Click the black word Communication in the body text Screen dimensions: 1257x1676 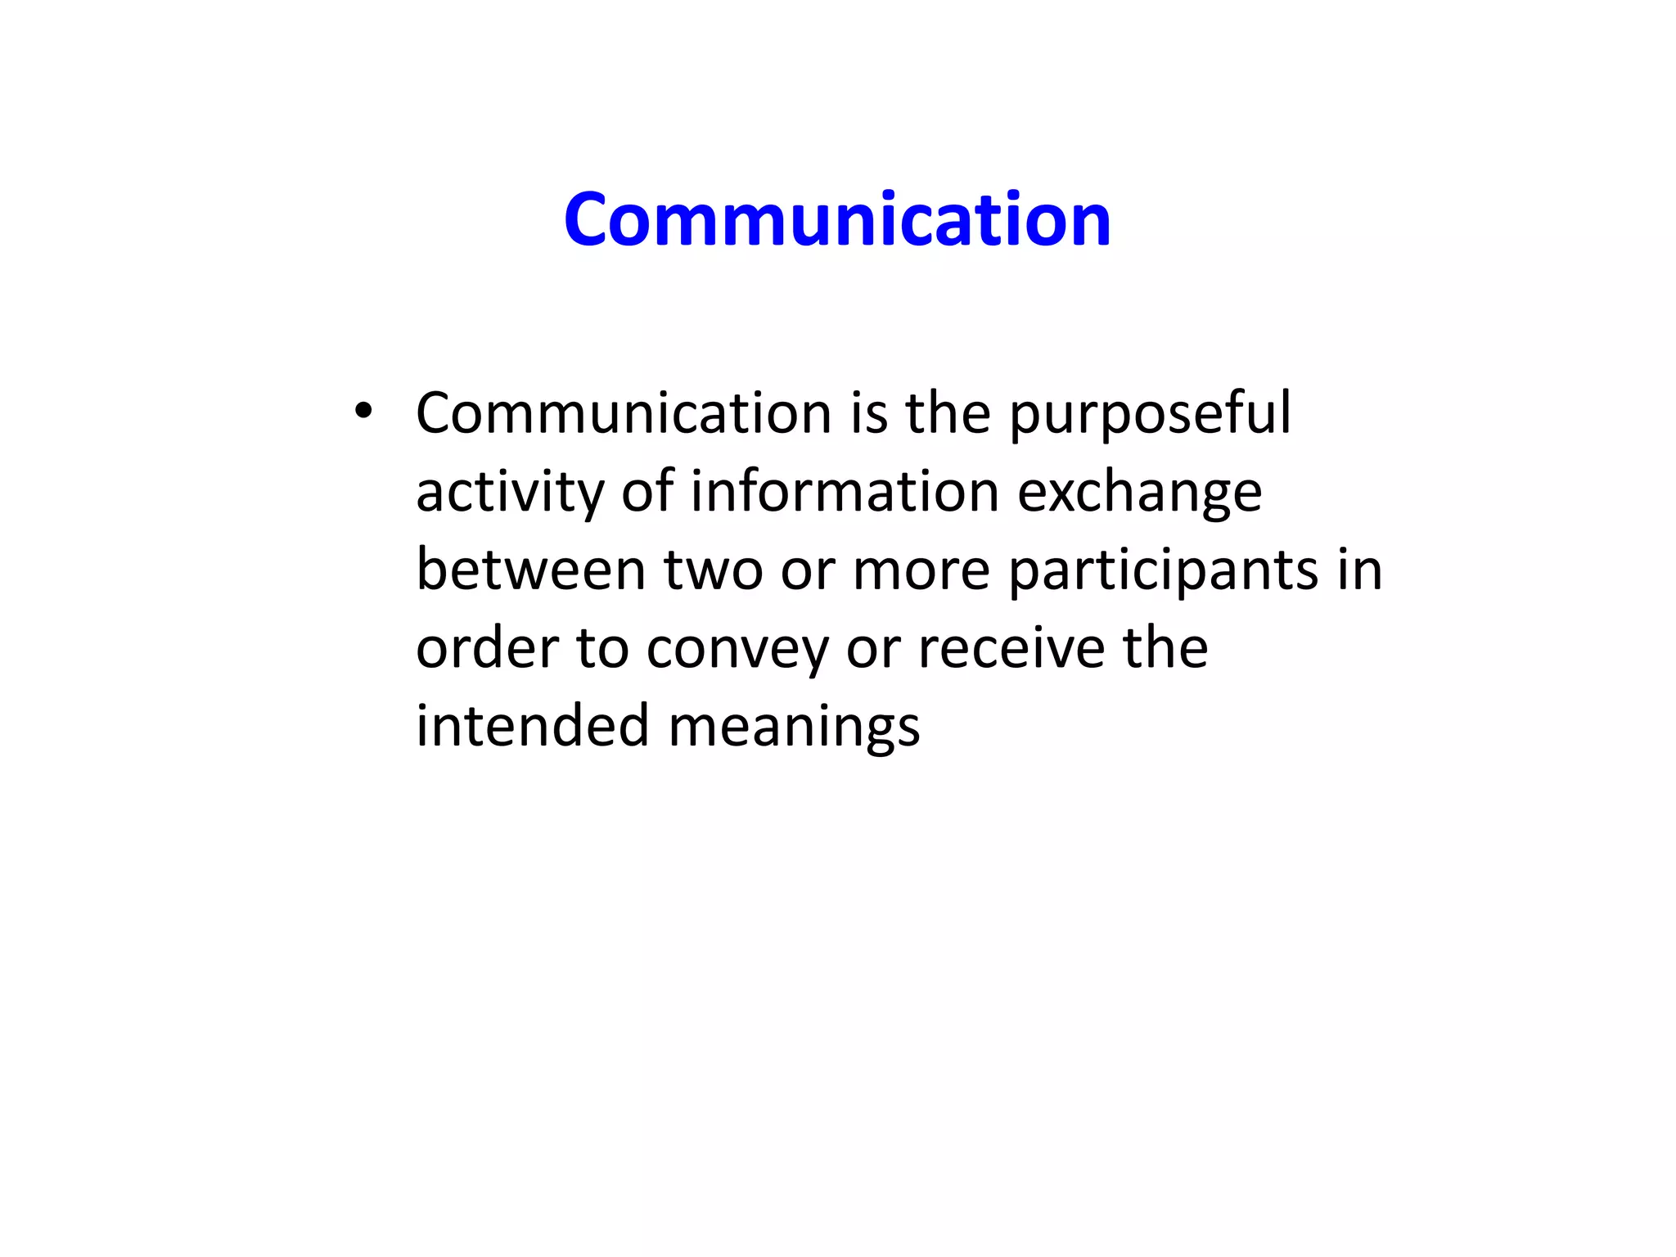click(x=624, y=412)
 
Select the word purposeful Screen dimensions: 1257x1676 click(x=1150, y=414)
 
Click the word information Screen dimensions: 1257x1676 click(x=845, y=491)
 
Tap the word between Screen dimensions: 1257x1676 click(x=531, y=570)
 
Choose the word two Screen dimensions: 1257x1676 click(x=713, y=570)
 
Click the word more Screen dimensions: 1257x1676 click(x=921, y=570)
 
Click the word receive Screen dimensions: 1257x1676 click(x=1010, y=648)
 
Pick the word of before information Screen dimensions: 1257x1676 click(x=647, y=491)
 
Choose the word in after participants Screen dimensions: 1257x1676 click(x=1359, y=570)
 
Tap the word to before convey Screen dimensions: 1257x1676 click(x=602, y=648)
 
